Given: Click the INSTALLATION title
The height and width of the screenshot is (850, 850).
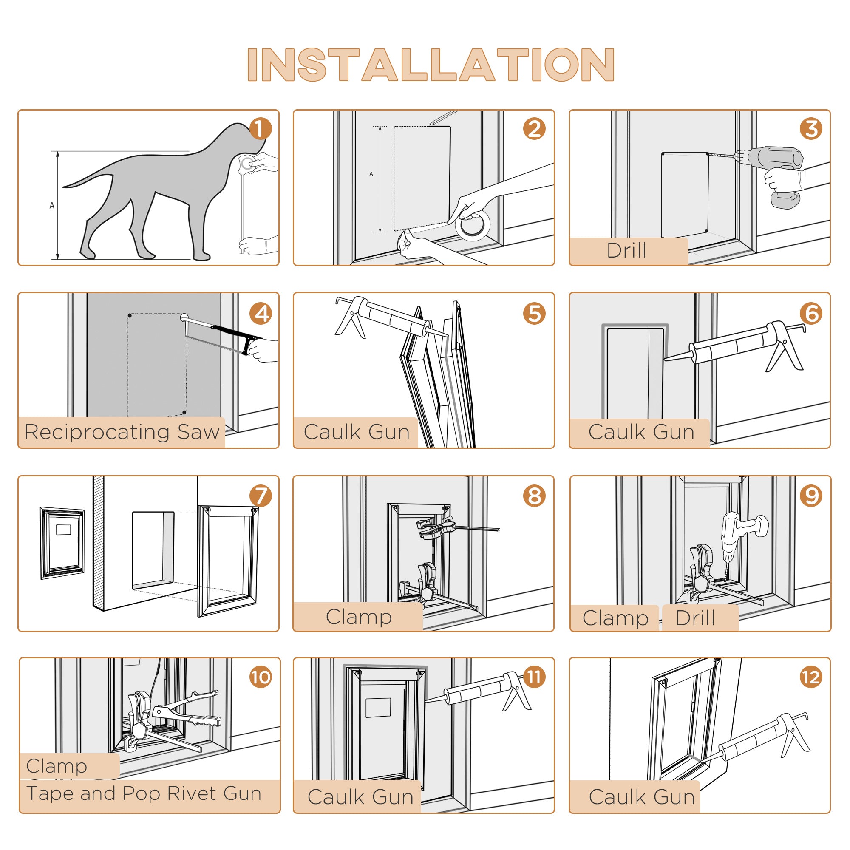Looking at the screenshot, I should click(430, 65).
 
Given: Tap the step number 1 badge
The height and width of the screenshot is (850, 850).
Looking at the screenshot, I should click(261, 129).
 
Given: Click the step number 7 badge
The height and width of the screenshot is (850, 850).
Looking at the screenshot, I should click(261, 496).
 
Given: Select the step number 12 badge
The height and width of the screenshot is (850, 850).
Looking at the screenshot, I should click(811, 677).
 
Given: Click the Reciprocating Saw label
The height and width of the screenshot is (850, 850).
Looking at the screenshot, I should click(122, 432).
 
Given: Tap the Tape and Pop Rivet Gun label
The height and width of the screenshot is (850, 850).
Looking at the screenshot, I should click(144, 793).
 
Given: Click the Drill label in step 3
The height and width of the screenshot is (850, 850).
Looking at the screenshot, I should click(626, 251).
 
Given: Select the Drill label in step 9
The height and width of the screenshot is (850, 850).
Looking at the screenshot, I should click(695, 618).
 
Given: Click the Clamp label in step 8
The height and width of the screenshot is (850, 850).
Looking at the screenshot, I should click(359, 617).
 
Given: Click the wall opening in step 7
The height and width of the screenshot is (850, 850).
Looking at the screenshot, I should click(153, 550).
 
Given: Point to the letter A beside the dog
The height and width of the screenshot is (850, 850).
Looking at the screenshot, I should click(52, 205).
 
